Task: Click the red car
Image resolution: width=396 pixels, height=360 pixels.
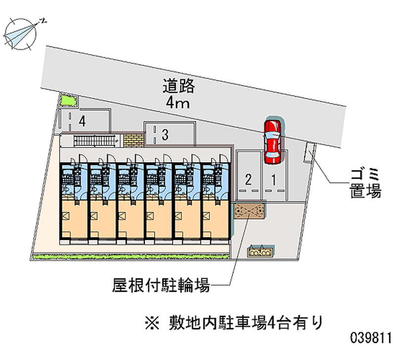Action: point(271,141)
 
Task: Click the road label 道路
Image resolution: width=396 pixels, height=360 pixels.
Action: point(179,86)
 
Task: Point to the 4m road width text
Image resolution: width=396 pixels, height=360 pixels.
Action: point(179,104)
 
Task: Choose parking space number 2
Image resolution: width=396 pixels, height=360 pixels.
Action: point(248,178)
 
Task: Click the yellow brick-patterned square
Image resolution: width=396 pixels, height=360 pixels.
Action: point(133,140)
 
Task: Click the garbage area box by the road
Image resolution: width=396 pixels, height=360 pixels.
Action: point(309,152)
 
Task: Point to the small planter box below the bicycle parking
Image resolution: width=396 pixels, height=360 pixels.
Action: point(261,251)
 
